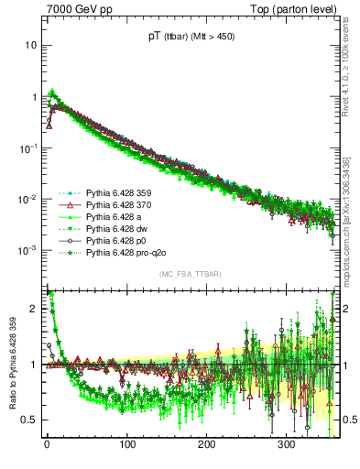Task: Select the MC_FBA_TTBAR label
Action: (190, 274)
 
